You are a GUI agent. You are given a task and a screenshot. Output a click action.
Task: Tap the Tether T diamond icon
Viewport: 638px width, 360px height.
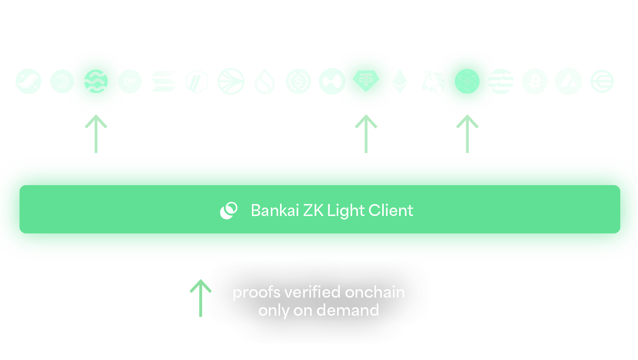click(366, 81)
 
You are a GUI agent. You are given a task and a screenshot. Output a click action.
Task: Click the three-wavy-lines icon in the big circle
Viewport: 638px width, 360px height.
click(96, 81)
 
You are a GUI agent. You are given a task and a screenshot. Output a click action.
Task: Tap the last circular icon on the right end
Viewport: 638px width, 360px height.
click(602, 81)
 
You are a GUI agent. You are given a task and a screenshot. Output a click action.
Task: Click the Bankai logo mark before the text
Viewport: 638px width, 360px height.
click(229, 211)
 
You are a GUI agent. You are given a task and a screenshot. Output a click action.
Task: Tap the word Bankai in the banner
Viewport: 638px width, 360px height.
click(275, 211)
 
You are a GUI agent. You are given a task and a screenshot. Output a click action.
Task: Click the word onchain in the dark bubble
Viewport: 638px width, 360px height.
click(374, 293)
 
